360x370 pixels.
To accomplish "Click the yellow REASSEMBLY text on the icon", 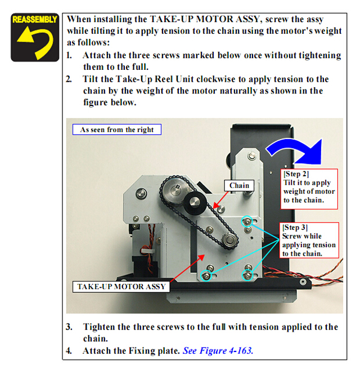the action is [35, 19].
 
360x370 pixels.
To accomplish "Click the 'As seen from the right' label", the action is [117, 130].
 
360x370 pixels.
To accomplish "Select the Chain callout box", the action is [239, 185].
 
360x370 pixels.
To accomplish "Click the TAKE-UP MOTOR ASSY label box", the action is [121, 287].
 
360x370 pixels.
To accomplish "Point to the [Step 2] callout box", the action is [309, 189].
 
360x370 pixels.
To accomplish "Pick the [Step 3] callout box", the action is [309, 240].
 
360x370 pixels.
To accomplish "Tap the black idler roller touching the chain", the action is [195, 203].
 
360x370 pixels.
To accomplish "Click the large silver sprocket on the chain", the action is [175, 190].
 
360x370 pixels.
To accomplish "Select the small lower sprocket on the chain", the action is [229, 240].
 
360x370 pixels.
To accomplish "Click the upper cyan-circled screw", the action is [247, 221].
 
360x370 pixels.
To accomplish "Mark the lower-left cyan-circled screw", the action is [206, 275].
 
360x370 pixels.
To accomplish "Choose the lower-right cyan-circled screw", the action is [247, 275].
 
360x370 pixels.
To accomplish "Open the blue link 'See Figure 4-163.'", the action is [218, 351].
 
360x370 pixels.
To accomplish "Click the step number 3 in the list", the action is [69, 327].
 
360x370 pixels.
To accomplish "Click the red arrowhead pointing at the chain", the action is [215, 206].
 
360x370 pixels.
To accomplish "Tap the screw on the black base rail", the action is [303, 282].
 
